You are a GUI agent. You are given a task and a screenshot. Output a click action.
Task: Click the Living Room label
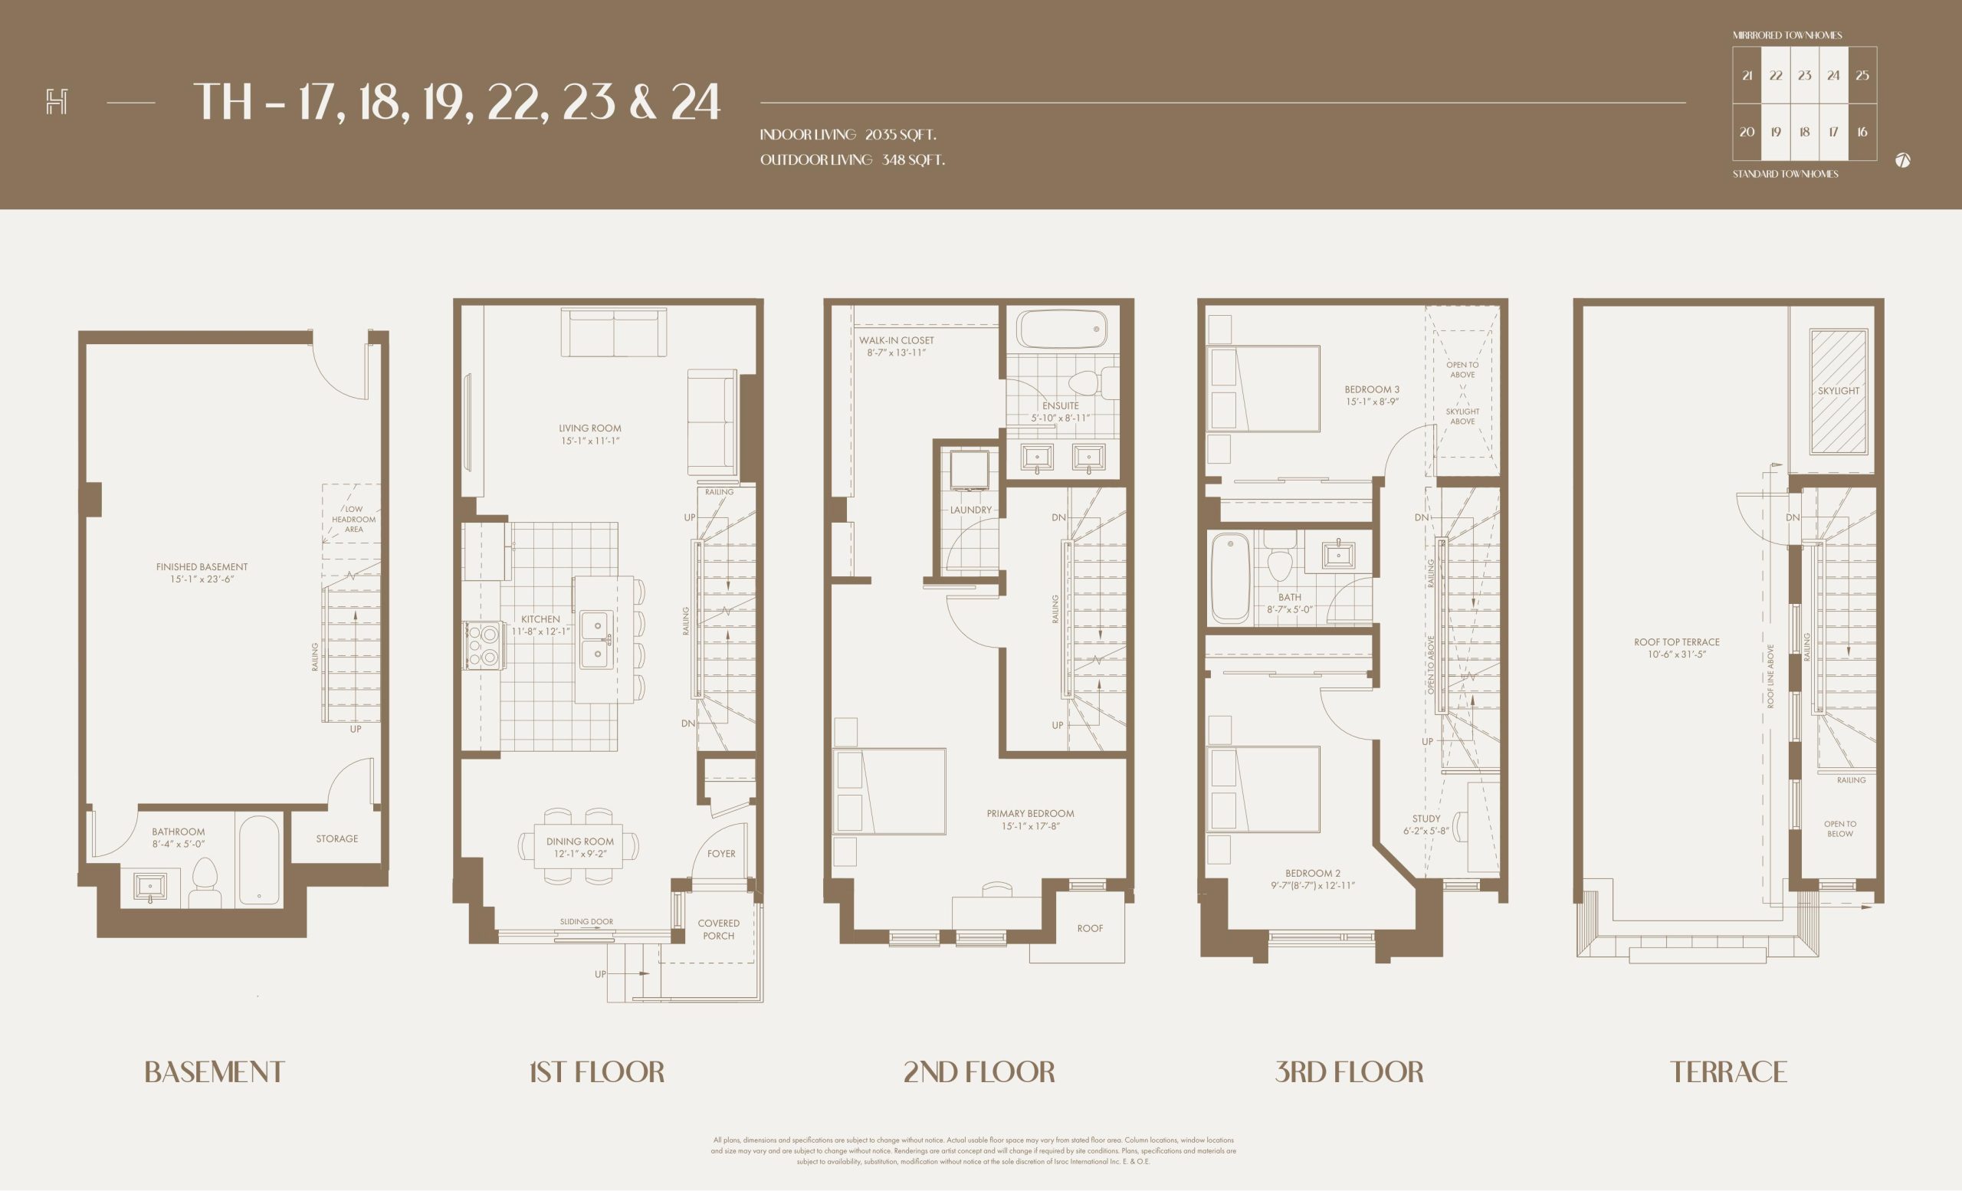[x=590, y=428]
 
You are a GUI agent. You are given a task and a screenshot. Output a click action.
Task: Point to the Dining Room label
[x=579, y=842]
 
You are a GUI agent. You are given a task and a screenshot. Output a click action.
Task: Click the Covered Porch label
[x=718, y=929]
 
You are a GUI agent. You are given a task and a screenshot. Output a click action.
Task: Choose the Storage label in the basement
[x=336, y=838]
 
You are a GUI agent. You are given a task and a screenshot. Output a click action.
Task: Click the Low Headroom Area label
[x=353, y=519]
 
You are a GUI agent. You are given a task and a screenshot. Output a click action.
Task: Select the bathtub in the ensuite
[x=1062, y=329]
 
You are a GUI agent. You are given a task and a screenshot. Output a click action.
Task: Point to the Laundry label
[x=970, y=510]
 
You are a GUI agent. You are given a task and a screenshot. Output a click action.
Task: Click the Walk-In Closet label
[x=896, y=341]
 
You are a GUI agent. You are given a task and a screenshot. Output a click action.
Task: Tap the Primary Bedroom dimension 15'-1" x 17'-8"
[x=1030, y=826]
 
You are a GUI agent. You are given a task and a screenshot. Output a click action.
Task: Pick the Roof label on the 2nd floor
[x=1090, y=928]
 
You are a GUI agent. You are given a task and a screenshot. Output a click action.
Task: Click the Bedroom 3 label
[x=1372, y=389]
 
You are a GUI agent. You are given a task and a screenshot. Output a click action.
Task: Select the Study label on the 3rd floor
[x=1426, y=819]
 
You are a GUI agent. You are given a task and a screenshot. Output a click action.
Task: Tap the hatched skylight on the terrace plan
[x=1839, y=392]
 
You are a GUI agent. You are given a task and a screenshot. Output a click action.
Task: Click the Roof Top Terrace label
[x=1676, y=641]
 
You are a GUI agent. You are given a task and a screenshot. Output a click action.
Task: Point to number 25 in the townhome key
[x=1862, y=76]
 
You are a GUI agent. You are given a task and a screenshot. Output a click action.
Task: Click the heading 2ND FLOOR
[x=979, y=1071]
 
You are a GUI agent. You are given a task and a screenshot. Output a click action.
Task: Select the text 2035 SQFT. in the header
[x=901, y=135]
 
